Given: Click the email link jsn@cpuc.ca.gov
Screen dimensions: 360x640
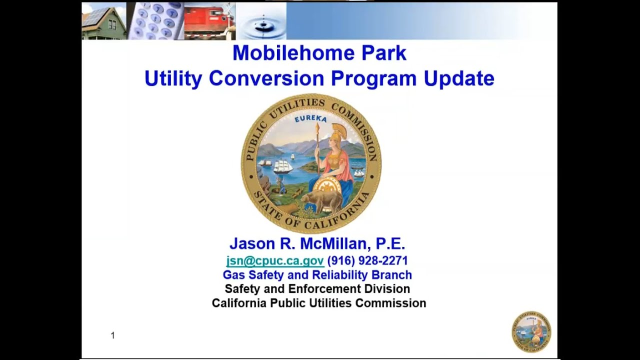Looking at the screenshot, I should (x=275, y=261).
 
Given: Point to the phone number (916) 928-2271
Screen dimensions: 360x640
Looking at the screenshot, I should (x=367, y=261).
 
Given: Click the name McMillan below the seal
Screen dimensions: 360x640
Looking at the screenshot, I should (x=335, y=244).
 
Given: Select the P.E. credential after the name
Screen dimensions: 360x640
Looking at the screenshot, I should (x=390, y=244).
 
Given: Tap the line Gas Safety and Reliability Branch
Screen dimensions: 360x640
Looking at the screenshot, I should (x=317, y=275).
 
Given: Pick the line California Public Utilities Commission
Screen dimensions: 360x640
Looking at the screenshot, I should (x=318, y=303).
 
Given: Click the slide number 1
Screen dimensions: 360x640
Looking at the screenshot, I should (x=112, y=335).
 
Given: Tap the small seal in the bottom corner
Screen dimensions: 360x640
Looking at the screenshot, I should (x=531, y=331).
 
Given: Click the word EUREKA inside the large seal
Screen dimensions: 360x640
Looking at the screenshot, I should (x=310, y=119).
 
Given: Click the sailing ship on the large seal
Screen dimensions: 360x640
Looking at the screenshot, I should (x=282, y=166).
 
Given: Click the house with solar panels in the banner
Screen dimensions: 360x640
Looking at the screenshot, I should (x=104, y=21).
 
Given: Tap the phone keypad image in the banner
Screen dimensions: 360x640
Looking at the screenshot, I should (x=155, y=21).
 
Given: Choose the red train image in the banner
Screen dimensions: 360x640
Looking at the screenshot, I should (x=209, y=21).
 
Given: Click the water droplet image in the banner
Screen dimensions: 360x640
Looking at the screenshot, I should (x=260, y=21).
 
